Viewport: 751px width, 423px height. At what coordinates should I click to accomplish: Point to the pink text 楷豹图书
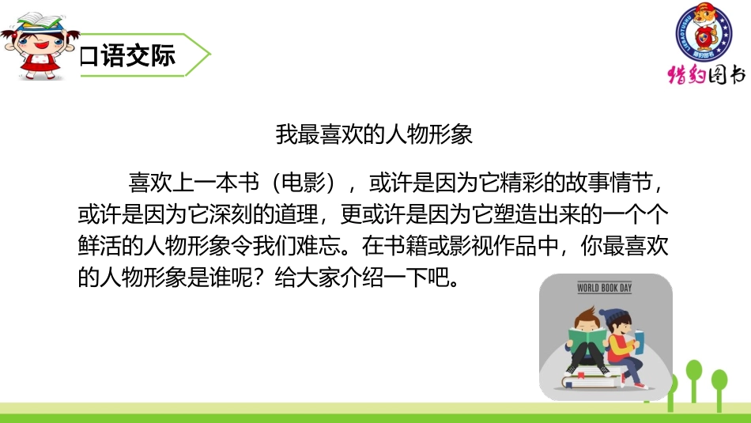click(706, 75)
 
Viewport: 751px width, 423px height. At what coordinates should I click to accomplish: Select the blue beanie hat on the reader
click(613, 315)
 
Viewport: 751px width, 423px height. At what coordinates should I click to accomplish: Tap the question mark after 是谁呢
click(281, 279)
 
